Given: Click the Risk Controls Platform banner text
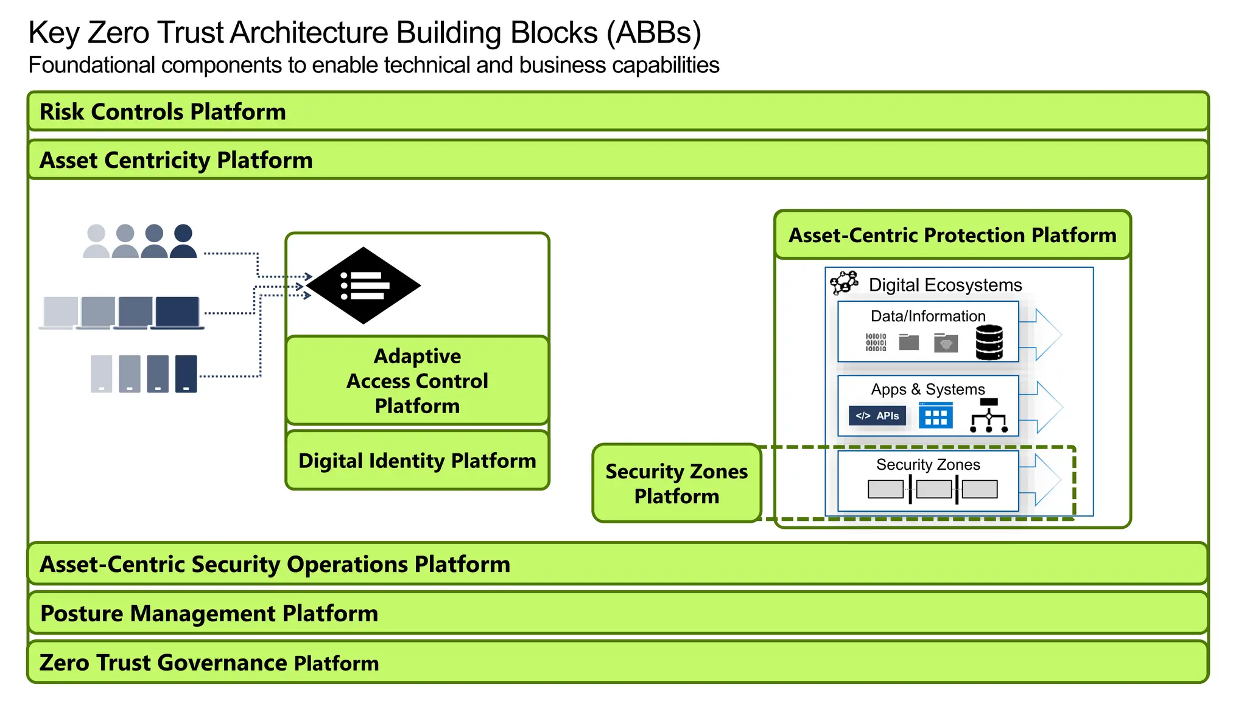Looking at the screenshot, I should pyautogui.click(x=163, y=112).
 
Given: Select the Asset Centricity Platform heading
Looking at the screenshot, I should pyautogui.click(x=176, y=160).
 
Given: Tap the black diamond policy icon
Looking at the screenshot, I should pyautogui.click(x=364, y=285).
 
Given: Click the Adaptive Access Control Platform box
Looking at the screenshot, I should pyautogui.click(x=417, y=380).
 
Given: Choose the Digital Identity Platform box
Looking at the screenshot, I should pyautogui.click(x=417, y=461).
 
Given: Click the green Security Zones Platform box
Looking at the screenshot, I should pyautogui.click(x=676, y=483).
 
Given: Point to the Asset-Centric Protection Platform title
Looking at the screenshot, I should pyautogui.click(x=952, y=235).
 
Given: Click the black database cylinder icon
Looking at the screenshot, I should pyautogui.click(x=989, y=342).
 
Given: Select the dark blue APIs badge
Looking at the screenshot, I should pyautogui.click(x=877, y=416).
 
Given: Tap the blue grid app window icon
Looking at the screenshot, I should pyautogui.click(x=935, y=416).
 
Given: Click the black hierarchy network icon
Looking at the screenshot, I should pyautogui.click(x=989, y=416).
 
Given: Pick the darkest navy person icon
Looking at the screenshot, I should pyautogui.click(x=183, y=242).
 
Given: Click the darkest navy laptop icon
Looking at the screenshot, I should pyautogui.click(x=177, y=313).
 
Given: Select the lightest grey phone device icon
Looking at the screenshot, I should pyautogui.click(x=102, y=374).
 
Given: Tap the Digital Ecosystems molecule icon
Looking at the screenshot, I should pyautogui.click(x=845, y=283).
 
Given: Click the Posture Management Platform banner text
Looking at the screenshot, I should pyautogui.click(x=209, y=613).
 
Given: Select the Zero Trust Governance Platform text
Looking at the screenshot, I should pyautogui.click(x=209, y=663).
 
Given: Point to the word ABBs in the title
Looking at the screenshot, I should pyautogui.click(x=653, y=33).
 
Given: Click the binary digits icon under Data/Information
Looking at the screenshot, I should pyautogui.click(x=876, y=342).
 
